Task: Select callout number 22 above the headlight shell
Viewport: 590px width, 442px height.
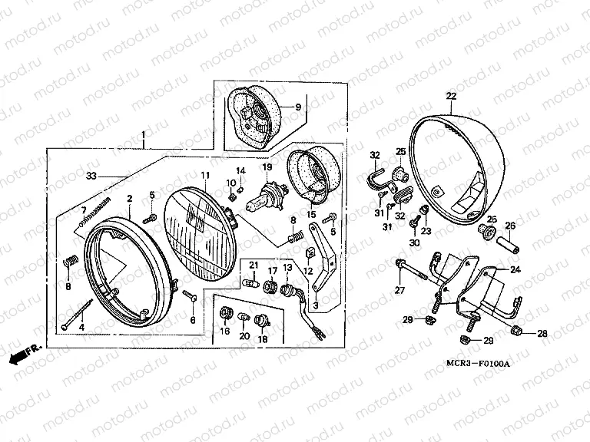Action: pos(451,96)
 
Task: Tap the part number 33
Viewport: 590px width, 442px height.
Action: pos(91,176)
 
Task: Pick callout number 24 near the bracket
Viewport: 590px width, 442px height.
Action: pos(515,269)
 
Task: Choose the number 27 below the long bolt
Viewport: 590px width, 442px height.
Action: pos(399,289)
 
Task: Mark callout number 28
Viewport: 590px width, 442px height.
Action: pos(542,333)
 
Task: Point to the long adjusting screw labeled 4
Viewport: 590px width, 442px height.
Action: pos(78,316)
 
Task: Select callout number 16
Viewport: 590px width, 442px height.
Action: pos(225,331)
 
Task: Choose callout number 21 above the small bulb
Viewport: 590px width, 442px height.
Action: pos(254,265)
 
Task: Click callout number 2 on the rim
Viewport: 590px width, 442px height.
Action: pos(131,198)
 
